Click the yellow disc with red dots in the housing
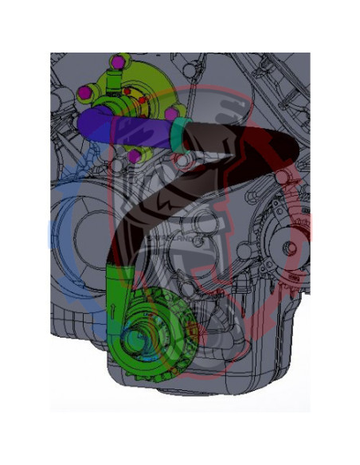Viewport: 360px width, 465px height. (135, 101)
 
